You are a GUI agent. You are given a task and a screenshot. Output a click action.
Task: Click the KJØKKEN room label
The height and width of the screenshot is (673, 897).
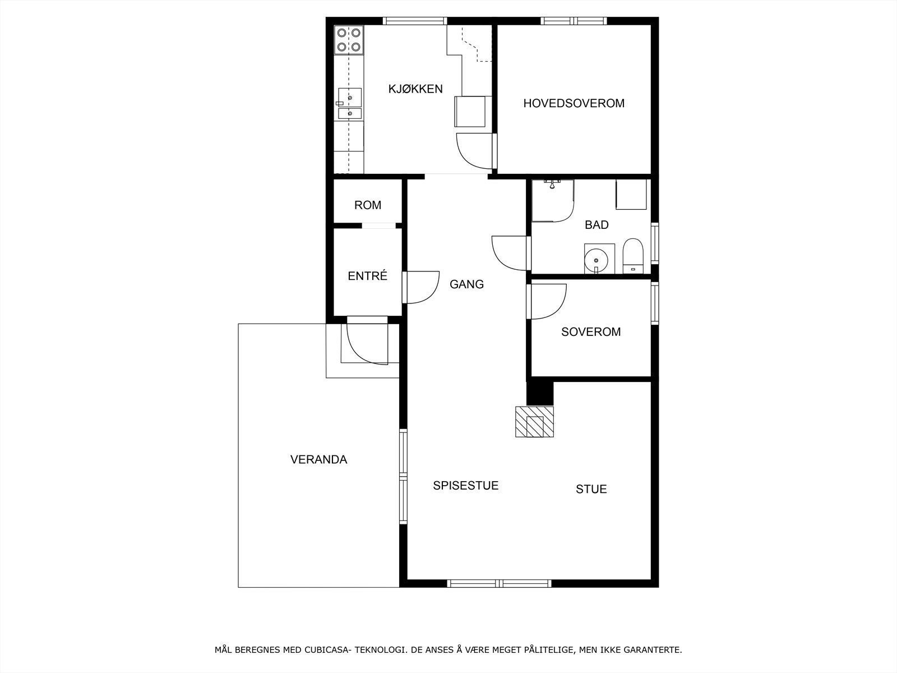[415, 89]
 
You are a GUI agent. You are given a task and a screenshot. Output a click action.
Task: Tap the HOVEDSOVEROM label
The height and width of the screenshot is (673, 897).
[574, 103]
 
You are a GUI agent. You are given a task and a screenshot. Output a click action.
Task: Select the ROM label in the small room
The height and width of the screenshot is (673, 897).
[368, 205]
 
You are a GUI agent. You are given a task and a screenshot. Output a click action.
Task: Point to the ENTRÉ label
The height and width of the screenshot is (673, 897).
[367, 276]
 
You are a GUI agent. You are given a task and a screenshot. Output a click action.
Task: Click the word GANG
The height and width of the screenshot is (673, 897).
[466, 284]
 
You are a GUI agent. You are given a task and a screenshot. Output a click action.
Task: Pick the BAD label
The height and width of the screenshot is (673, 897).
[597, 225]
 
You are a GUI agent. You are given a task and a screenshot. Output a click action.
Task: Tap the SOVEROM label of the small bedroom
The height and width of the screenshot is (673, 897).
[591, 331]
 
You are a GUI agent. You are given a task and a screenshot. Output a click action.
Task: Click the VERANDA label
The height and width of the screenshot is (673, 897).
[318, 459]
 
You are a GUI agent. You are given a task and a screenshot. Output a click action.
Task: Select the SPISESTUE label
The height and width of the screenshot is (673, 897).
[465, 486]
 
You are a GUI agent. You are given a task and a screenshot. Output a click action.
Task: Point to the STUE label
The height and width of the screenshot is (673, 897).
[591, 489]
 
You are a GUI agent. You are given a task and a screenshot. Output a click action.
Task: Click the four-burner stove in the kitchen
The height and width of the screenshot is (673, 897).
[348, 40]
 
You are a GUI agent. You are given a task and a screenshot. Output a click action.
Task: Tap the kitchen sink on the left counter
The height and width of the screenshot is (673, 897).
[350, 104]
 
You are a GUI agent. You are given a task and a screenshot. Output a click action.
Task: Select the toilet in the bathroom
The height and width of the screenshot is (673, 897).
[633, 257]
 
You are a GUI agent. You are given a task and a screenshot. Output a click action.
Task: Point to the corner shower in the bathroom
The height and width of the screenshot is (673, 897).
[552, 200]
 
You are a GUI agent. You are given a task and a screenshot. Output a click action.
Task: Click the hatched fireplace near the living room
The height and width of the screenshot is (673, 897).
[535, 422]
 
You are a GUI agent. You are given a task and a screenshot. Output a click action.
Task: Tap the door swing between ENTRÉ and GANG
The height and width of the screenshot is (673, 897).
[420, 287]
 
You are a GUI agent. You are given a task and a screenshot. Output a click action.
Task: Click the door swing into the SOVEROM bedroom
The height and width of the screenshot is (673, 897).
[547, 301]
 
